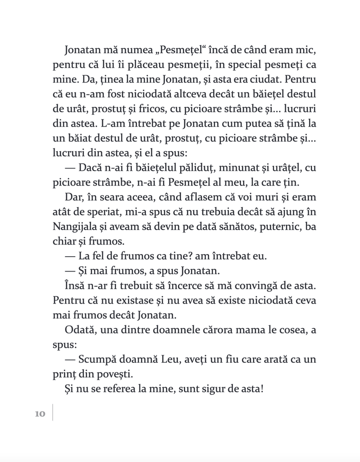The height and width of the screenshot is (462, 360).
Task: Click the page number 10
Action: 40,414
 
